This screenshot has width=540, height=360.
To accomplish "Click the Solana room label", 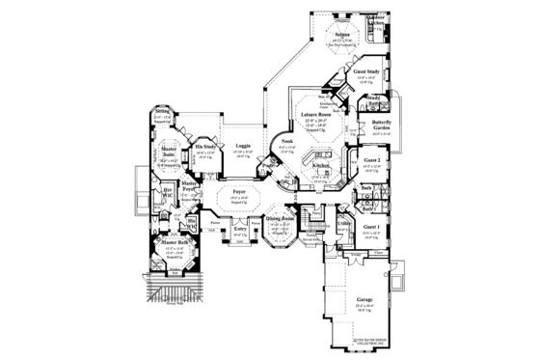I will [x=342, y=32].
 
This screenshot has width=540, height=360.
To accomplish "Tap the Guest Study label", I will [x=365, y=72].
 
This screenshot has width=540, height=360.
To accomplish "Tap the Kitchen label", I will [x=320, y=165].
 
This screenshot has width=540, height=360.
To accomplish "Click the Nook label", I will [x=286, y=142].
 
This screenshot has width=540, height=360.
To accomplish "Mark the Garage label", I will [x=364, y=299].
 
